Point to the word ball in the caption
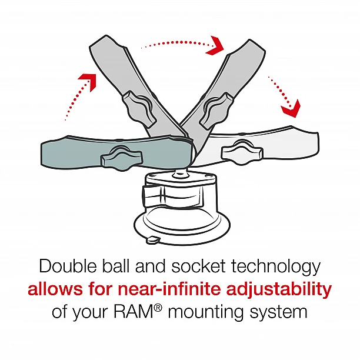pos(118,266)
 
